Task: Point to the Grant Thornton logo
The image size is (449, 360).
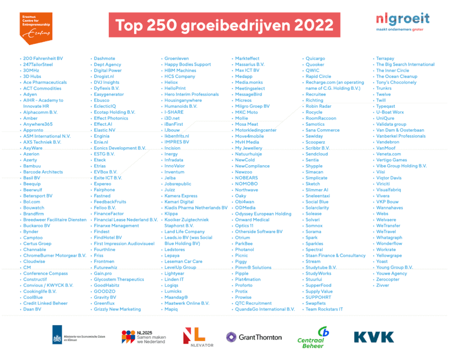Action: [x=254, y=337]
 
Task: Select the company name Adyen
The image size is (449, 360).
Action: [x=30, y=94]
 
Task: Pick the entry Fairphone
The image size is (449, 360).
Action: [x=105, y=190]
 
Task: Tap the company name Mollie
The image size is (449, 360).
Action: [x=241, y=119]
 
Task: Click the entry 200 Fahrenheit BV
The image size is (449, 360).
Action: [x=43, y=58]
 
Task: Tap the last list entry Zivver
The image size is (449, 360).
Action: [x=383, y=285]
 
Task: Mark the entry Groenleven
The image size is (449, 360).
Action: [x=177, y=58]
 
